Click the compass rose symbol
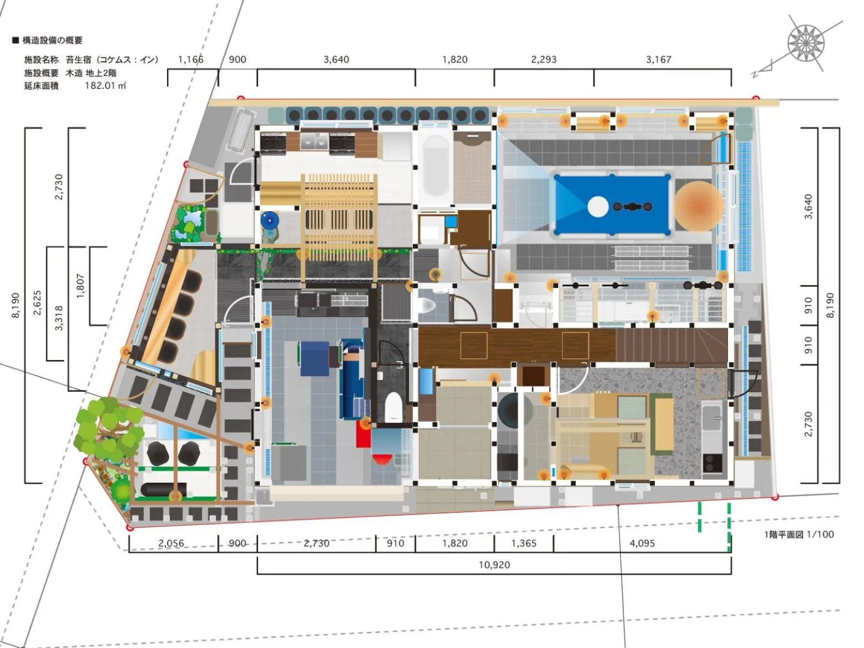806,43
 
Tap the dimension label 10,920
494,565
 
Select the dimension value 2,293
543,59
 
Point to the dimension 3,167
658,59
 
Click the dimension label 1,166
190,59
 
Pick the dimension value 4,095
641,543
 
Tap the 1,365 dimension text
523,543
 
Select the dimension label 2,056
171,543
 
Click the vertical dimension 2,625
37,303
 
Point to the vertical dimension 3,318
59,317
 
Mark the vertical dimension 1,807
80,286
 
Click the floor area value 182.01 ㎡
105,85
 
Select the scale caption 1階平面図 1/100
799,534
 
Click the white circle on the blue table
597,207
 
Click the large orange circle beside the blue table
699,205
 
